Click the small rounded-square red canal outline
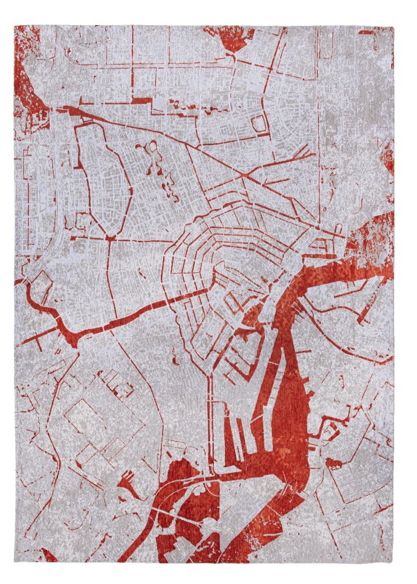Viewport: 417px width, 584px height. pyautogui.click(x=260, y=123)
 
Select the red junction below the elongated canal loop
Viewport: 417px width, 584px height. pyautogui.click(x=109, y=238)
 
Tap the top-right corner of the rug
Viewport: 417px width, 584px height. pyautogui.click(x=393, y=26)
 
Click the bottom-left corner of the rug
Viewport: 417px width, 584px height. pyautogui.click(x=16, y=562)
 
